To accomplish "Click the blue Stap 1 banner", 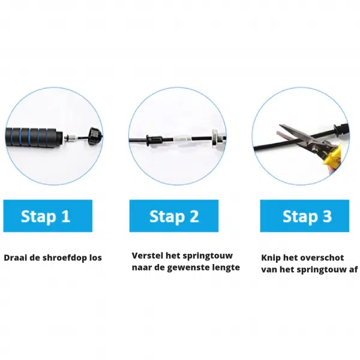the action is [48, 216].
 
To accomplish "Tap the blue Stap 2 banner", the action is [174, 216].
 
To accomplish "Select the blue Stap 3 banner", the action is [305, 216].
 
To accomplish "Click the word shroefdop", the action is [65, 257].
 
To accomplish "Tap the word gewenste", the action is [186, 268].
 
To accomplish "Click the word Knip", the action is [271, 258].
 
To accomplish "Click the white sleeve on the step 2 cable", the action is [183, 139].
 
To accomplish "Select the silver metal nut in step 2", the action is [215, 137].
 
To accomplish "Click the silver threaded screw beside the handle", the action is [71, 138].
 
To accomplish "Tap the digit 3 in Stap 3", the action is [326, 216].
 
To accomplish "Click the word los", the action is [95, 257].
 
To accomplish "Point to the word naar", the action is [142, 268].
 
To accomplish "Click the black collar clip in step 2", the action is [154, 140].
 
